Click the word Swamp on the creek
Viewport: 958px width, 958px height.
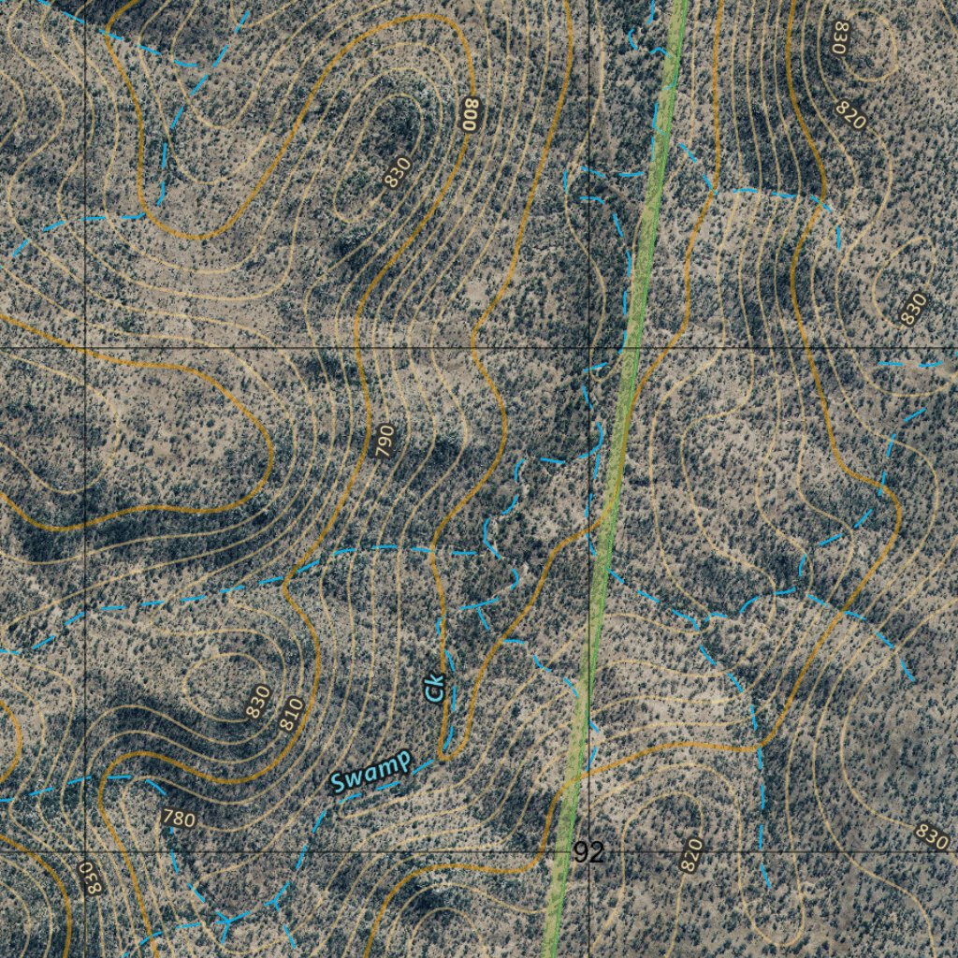coord(370,771)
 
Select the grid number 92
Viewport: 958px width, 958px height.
coord(588,852)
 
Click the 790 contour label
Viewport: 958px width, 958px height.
coord(385,441)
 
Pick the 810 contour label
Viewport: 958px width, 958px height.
coord(291,715)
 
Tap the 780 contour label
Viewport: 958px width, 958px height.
coord(178,820)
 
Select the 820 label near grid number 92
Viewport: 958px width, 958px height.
coord(691,855)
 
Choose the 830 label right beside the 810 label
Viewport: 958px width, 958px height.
coord(258,702)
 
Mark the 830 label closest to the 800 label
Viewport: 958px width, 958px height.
coord(399,172)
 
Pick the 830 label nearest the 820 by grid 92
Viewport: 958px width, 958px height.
coord(932,836)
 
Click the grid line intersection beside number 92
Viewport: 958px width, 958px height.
coord(590,852)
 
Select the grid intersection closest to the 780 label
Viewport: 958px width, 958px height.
coord(85,852)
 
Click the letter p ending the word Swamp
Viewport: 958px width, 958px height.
coord(403,762)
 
